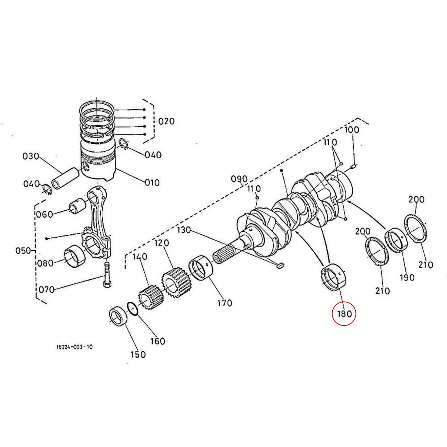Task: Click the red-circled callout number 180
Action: pos(344,314)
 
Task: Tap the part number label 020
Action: pos(166,121)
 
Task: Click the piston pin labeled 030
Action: pos(65,178)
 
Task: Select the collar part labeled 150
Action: pos(118,317)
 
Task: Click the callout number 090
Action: pos(239,178)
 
